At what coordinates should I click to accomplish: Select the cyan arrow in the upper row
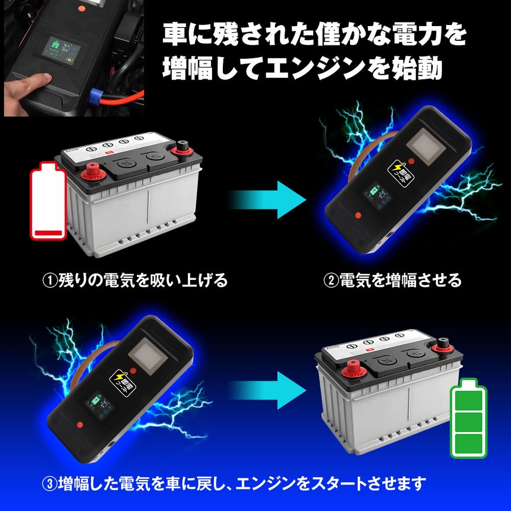tap(266, 200)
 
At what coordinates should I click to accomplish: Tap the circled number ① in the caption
tap(50, 281)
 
